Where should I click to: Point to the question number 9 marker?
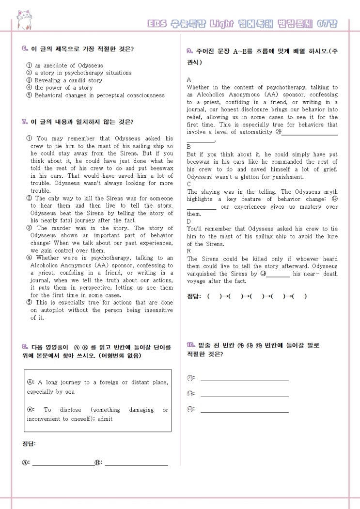coord(190,51)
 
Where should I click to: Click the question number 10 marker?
coord(190,345)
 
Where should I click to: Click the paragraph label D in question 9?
coord(189,221)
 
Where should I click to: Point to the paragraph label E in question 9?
coord(189,251)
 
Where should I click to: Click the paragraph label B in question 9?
coord(189,146)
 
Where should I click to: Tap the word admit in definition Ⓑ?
coord(105,419)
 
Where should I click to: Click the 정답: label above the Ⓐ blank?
coord(29,444)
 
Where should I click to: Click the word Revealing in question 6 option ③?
coord(48,80)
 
